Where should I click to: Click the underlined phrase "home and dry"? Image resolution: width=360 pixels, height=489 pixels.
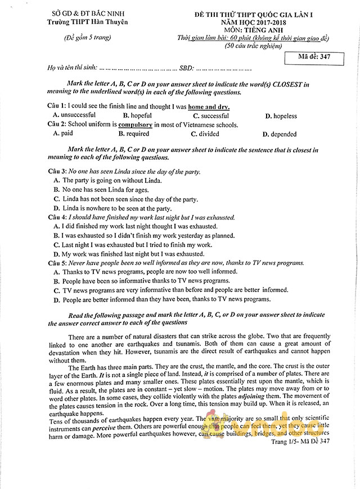click(209, 106)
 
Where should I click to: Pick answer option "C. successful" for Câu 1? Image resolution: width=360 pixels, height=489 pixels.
click(210, 116)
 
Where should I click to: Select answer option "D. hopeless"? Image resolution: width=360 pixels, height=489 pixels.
click(281, 116)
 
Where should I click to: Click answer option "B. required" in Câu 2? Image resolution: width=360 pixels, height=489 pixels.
click(134, 134)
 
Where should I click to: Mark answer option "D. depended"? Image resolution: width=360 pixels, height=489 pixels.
click(283, 134)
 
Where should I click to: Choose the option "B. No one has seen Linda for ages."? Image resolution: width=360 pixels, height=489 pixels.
click(101, 190)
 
